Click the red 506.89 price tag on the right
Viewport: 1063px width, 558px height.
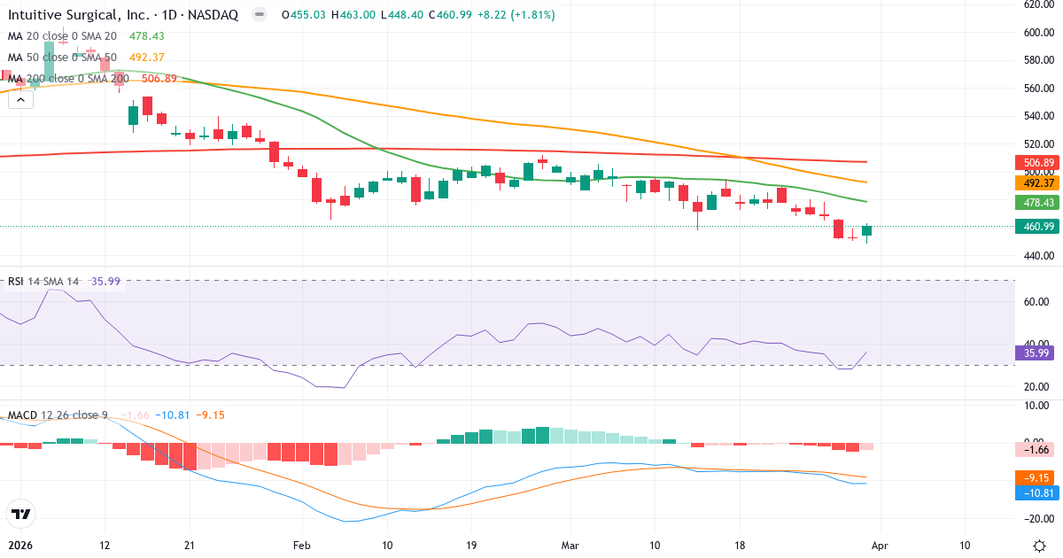(x=1034, y=163)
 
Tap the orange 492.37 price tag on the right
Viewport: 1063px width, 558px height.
(x=1034, y=182)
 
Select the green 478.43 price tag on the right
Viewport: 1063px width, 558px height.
(x=1034, y=202)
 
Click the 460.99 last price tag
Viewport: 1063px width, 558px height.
(x=1034, y=227)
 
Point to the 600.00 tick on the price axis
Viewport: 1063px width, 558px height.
(x=1037, y=32)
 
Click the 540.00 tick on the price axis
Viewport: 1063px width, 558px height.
(x=1037, y=116)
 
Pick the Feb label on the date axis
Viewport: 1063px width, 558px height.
(x=303, y=545)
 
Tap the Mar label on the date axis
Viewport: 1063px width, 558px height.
(x=570, y=545)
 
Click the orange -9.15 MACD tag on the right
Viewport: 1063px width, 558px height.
(x=1034, y=477)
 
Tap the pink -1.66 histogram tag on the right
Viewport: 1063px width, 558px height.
(x=1034, y=449)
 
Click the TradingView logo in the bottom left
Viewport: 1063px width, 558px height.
(x=21, y=514)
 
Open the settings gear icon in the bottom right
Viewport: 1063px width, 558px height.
(x=1037, y=545)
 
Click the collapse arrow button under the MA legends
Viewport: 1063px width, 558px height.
(x=20, y=100)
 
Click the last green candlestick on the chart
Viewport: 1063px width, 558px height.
(x=866, y=230)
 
